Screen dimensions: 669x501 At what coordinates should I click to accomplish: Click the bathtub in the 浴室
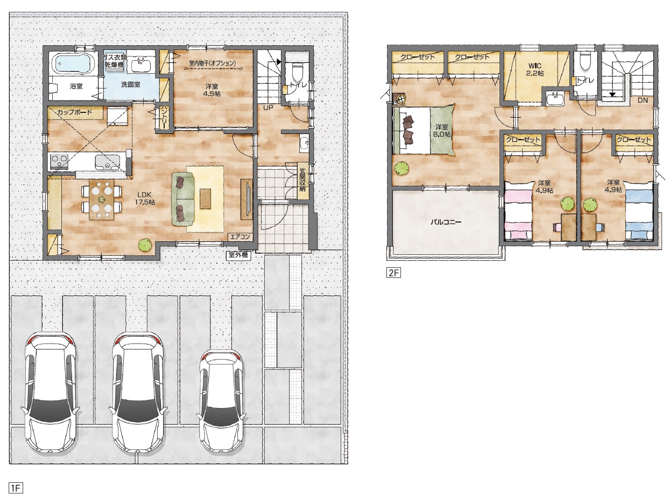(75, 63)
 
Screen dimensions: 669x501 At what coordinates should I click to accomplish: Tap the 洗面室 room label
(130, 84)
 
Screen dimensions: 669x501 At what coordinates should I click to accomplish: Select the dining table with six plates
(102, 199)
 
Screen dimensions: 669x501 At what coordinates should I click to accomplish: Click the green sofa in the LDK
(183, 199)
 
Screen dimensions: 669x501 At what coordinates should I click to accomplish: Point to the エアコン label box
(240, 237)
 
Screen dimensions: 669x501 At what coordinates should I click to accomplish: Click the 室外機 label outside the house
(238, 255)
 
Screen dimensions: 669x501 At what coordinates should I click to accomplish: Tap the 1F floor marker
(16, 488)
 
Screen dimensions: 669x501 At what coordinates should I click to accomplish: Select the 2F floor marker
(393, 273)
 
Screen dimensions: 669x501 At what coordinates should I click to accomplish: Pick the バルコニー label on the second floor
(446, 222)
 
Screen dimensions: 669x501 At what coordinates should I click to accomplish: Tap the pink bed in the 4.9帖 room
(518, 210)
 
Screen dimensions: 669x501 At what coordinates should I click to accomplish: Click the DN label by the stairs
(643, 100)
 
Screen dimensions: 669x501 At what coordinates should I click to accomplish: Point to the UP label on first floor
(268, 108)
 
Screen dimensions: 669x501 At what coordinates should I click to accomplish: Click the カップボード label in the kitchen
(75, 112)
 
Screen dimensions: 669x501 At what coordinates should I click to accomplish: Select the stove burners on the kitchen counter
(59, 161)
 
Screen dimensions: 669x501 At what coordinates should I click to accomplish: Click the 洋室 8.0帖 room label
(441, 131)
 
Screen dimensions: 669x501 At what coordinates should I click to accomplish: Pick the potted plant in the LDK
(145, 245)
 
